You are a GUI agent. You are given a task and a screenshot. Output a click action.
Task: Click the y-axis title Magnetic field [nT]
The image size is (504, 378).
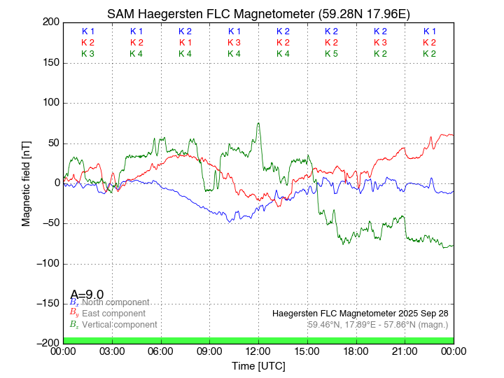pos(26,183)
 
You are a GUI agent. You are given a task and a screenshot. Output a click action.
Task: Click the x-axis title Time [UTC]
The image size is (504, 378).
pos(258,365)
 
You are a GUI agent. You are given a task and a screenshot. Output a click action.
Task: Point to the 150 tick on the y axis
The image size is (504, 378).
pos(49,63)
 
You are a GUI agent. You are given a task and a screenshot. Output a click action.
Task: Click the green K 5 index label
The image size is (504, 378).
pos(332,54)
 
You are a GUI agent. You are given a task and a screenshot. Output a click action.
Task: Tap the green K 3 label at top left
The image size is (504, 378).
pos(87,54)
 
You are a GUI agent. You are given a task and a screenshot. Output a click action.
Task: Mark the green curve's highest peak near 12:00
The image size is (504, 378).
pos(258,123)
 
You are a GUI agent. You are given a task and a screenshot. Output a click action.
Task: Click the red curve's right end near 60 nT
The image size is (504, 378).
pos(451,134)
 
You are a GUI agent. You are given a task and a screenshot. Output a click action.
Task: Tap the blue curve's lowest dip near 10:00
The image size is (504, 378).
pos(229,222)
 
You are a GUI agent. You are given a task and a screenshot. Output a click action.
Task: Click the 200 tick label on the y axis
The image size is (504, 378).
pos(49,22)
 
